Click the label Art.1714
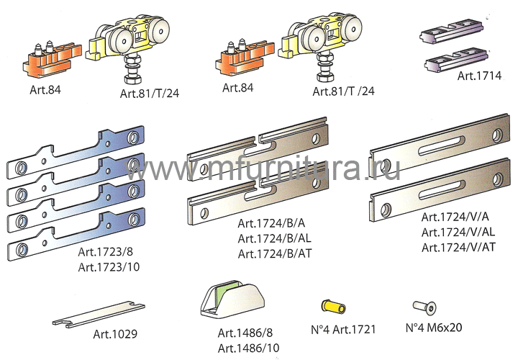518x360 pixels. pos(479,76)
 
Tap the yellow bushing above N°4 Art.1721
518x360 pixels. pos(333,306)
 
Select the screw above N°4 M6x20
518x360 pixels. pos(424,307)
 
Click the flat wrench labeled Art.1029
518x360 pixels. pos(99,315)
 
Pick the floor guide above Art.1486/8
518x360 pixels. pos(232,300)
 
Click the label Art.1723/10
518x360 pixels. pos(109,267)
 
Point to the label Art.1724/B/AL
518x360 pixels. pos(274,238)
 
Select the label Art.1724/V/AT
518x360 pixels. pos(458,247)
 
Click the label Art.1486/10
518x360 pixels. pos(248,348)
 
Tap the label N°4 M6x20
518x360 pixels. pos(434,328)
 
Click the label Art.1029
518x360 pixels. pos(115,334)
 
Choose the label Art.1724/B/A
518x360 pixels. pos(271,223)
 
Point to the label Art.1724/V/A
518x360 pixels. pos(455,217)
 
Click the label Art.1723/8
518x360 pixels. pos(105,252)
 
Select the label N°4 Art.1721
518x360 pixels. pos(343,329)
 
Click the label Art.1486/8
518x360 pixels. pos(245,333)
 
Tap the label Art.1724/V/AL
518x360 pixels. pos(458,232)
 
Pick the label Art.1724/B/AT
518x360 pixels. pos(275,253)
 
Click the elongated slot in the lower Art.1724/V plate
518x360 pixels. pos(441,190)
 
